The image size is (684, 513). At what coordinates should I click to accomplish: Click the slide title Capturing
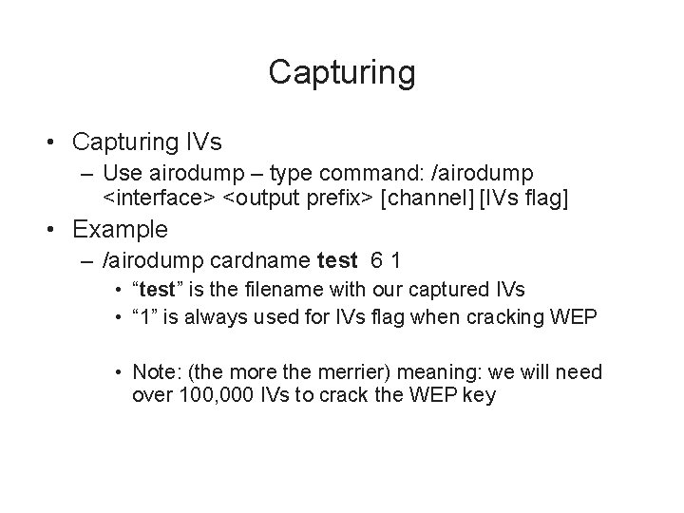point(341,71)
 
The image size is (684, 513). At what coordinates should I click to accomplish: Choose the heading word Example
point(120,229)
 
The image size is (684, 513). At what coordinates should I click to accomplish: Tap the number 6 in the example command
point(374,259)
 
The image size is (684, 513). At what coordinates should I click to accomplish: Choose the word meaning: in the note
point(428,373)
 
